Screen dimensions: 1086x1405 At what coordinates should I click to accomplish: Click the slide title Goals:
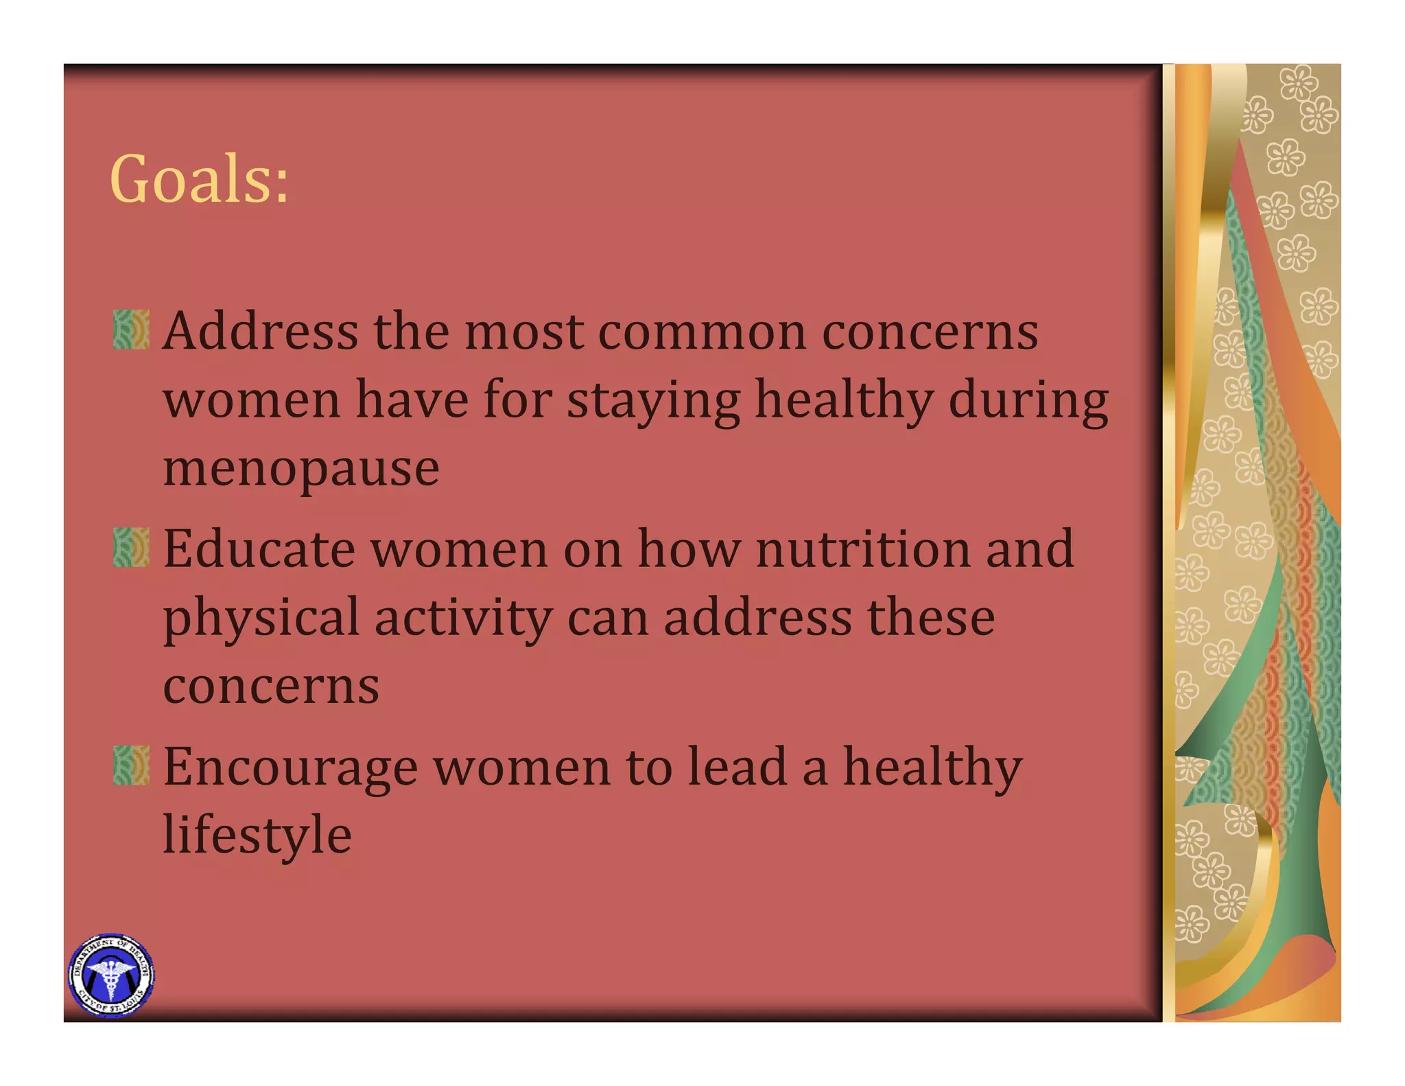tap(199, 180)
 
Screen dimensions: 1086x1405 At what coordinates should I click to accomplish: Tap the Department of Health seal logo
tap(111, 975)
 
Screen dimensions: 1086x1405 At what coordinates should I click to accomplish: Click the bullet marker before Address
tap(131, 330)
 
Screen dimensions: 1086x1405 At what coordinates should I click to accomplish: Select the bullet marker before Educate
tap(131, 547)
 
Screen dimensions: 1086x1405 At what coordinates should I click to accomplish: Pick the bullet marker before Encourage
tap(131, 765)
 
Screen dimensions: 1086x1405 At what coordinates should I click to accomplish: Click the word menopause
tap(301, 470)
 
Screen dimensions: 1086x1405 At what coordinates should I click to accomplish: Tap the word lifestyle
tap(257, 835)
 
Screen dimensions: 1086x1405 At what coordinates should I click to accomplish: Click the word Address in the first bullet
tap(261, 331)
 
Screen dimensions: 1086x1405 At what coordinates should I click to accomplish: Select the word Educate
tap(259, 549)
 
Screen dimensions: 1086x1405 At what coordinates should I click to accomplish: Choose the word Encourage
tap(290, 767)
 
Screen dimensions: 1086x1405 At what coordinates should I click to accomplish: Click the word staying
tap(653, 402)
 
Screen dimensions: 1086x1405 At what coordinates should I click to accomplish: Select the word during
tap(1028, 402)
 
